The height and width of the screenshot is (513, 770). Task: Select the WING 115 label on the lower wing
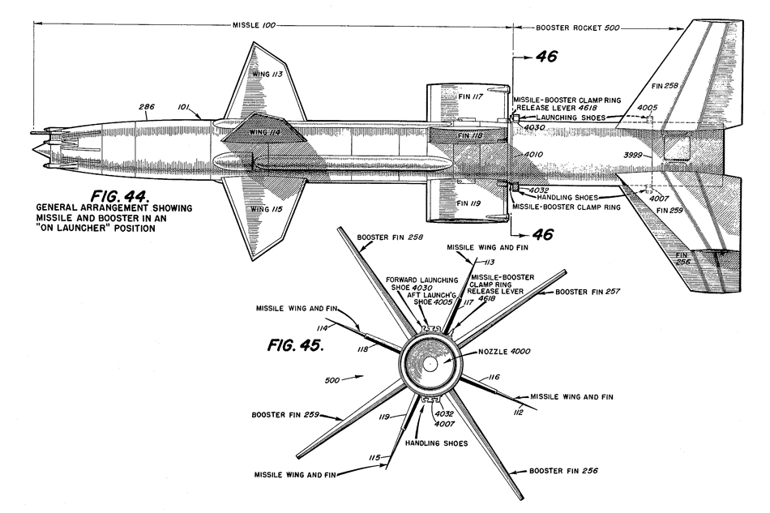pyautogui.click(x=265, y=209)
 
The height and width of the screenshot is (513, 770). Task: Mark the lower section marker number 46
pyautogui.click(x=545, y=235)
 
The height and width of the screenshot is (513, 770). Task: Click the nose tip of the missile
pyautogui.click(x=33, y=149)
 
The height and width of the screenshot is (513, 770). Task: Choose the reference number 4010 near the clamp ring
pyautogui.click(x=533, y=154)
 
